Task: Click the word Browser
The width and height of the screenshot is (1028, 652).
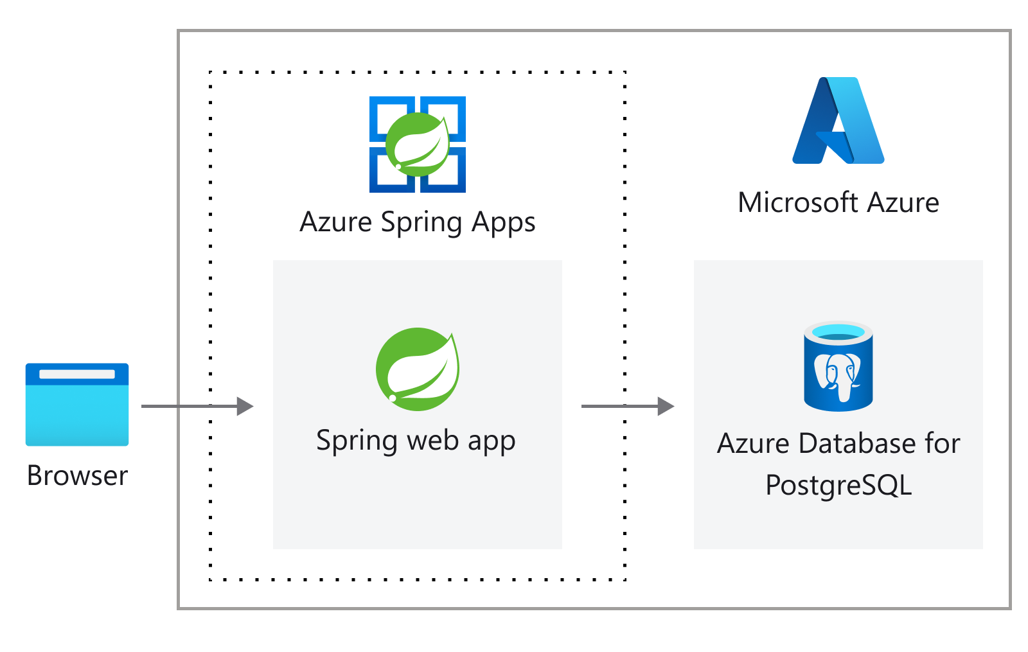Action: pos(77,476)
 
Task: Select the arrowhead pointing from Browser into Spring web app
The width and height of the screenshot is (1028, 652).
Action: pos(245,406)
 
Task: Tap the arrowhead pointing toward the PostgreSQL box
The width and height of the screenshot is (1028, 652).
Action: pos(666,406)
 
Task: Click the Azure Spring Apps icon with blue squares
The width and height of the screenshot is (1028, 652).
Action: pos(418,145)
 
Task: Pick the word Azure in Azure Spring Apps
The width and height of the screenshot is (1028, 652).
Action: pos(336,222)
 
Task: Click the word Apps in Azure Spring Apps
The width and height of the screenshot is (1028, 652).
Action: pos(503,222)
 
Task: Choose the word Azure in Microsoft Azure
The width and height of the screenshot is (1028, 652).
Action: pos(903,203)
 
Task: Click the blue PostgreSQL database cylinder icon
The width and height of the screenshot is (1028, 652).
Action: pos(838,366)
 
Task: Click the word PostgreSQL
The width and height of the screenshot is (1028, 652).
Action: pos(838,486)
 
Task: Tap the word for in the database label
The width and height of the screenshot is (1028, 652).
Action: pos(943,444)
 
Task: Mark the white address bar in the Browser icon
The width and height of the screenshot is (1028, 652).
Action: pos(77,374)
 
